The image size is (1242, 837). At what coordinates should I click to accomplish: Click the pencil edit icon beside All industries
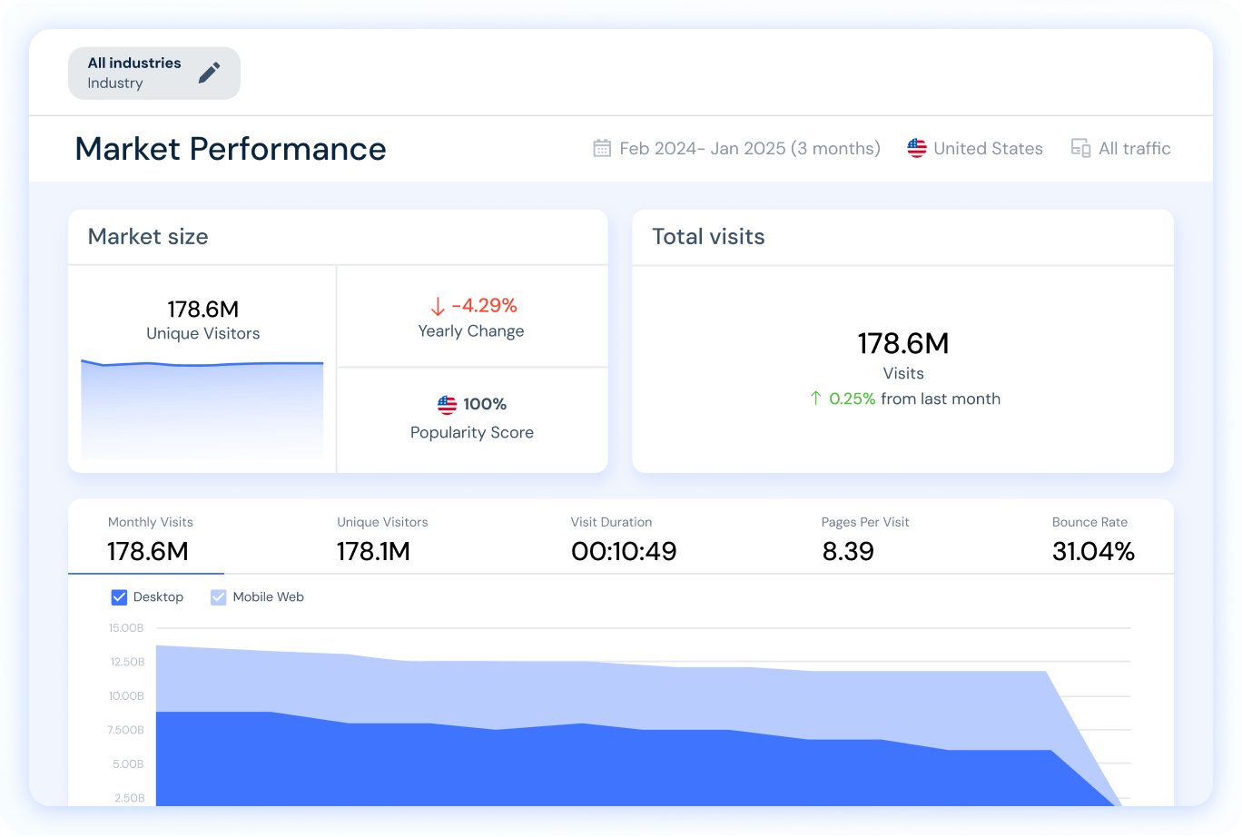(210, 73)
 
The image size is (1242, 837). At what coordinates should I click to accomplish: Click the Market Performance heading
(231, 149)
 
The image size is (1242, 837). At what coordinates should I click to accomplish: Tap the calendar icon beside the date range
(602, 148)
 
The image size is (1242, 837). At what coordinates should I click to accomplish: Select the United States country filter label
(988, 149)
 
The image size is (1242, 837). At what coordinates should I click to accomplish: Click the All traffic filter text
(1134, 149)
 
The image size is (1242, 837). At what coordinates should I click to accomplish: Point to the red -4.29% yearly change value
(484, 305)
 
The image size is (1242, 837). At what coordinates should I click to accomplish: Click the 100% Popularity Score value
(485, 404)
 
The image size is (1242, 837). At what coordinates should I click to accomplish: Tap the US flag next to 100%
(447, 404)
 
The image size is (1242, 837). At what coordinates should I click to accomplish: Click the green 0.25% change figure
(853, 399)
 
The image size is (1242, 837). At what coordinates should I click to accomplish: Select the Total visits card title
(708, 237)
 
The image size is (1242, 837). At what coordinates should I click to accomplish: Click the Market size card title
(148, 237)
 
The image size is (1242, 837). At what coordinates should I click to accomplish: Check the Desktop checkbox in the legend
(119, 597)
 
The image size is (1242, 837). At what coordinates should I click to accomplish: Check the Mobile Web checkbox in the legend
(219, 597)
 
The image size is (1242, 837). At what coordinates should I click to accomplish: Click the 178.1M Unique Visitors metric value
(373, 551)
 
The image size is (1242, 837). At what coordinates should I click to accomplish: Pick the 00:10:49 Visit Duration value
(624, 551)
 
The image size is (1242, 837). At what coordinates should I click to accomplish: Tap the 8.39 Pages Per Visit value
(848, 551)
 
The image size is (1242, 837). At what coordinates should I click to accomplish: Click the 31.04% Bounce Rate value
(1093, 551)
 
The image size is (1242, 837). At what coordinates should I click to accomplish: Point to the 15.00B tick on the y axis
(126, 628)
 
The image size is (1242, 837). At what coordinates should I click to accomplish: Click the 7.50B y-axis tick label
(126, 730)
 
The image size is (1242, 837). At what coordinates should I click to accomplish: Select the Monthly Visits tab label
(151, 522)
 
